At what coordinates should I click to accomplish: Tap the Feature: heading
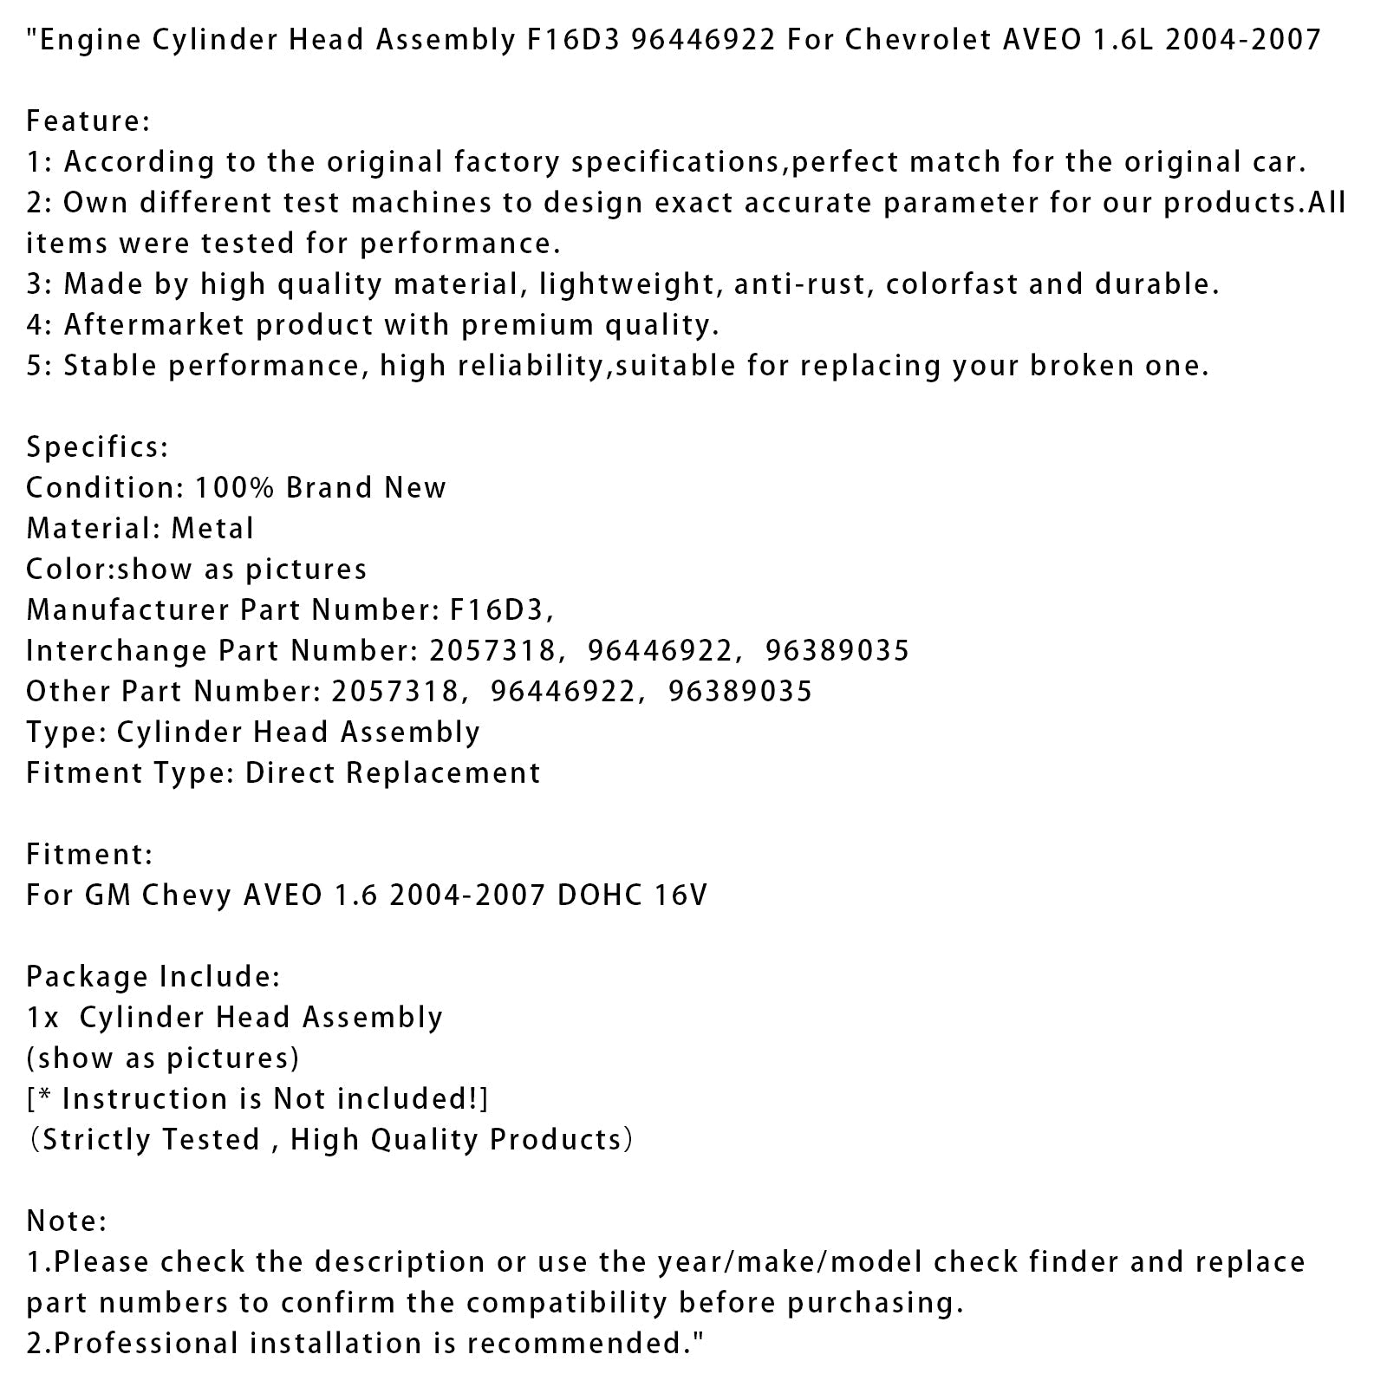point(88,121)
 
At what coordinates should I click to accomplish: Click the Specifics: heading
point(97,447)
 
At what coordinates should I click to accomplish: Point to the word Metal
point(212,529)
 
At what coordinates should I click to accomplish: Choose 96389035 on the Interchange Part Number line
point(837,651)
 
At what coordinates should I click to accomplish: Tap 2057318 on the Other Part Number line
point(394,692)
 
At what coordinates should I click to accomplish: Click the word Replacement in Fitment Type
point(442,773)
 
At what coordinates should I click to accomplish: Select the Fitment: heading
point(89,855)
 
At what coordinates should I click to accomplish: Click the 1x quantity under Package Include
point(42,1018)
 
